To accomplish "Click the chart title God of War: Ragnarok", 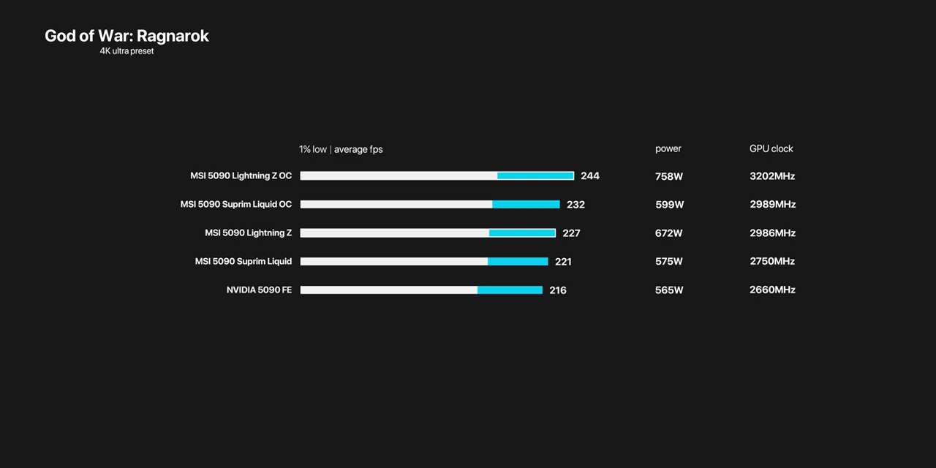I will pos(127,36).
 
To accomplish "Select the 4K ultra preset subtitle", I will pos(127,51).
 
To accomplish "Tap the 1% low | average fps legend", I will pos(341,149).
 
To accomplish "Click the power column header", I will pos(668,148).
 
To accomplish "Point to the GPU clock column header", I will pos(771,148).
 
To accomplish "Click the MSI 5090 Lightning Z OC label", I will pos(241,175).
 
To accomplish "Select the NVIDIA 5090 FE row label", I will pos(259,290).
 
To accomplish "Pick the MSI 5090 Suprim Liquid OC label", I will pos(235,204).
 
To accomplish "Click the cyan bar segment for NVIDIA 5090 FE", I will pos(510,290).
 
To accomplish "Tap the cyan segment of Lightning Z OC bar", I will pos(535,175).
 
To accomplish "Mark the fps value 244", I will pos(589,176).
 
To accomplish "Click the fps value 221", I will pos(563,262).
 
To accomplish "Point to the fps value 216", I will pos(557,290).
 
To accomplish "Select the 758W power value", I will pos(668,176).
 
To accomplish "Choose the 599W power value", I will pos(669,205).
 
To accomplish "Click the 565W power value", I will pos(669,290).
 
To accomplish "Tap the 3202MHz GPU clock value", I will pos(772,176).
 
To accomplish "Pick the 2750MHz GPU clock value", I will pos(772,261).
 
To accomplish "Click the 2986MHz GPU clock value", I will pos(772,233).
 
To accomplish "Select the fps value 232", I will pos(575,205).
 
